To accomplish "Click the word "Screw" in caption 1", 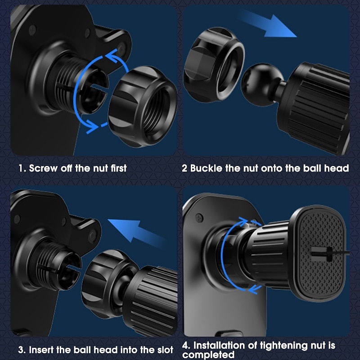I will pyautogui.click(x=42, y=168).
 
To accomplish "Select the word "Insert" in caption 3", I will pyautogui.click(x=43, y=350).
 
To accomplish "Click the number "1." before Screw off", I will pyautogui.click(x=22, y=168).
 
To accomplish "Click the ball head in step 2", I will pyautogui.click(x=258, y=83).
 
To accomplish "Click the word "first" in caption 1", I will pyautogui.click(x=117, y=168).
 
